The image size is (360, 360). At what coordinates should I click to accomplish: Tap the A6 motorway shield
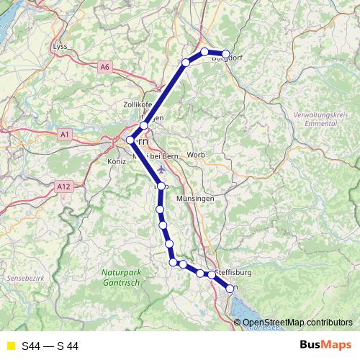(x=106, y=67)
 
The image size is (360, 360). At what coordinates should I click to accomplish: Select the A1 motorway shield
(x=65, y=135)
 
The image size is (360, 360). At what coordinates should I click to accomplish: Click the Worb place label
(x=196, y=155)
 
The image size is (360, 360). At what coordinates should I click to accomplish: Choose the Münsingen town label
(x=195, y=197)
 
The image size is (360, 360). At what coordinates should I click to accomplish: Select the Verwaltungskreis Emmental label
(x=323, y=121)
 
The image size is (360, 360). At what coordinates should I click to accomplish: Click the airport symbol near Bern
(x=160, y=169)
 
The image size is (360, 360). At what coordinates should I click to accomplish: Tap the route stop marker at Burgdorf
(x=226, y=54)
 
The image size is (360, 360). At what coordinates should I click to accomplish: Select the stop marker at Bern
(x=130, y=140)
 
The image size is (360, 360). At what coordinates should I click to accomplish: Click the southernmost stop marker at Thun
(x=230, y=289)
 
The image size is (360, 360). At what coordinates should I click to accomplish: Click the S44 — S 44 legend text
(x=50, y=346)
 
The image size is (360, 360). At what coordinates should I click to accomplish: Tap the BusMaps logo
(x=322, y=345)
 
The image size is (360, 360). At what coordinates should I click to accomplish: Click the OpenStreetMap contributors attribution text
(x=297, y=323)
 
